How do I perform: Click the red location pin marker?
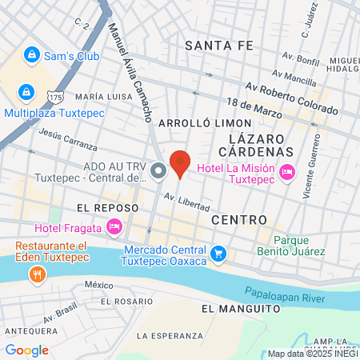pos(180,163)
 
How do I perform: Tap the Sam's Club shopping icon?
pos(31,55)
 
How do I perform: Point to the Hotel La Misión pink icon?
pos(287,172)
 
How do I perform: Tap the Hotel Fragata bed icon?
pos(114,228)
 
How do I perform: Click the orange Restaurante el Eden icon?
pos(36,275)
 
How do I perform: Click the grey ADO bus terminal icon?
pos(158,170)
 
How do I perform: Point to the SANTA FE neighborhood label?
pos(218,46)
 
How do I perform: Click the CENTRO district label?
pos(238,218)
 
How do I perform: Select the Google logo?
pos(26,350)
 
